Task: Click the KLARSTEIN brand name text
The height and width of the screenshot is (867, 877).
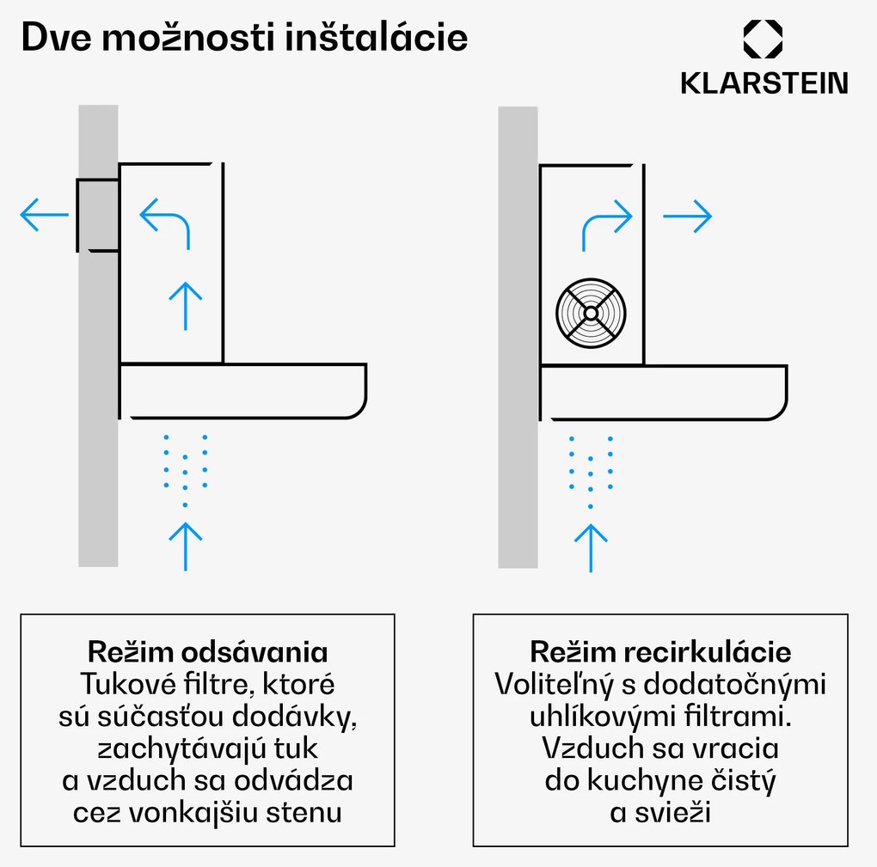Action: click(x=764, y=82)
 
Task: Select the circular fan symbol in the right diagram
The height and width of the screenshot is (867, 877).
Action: click(x=591, y=309)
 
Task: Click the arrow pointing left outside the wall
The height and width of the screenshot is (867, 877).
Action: click(x=44, y=215)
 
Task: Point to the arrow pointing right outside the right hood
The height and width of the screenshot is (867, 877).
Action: click(x=687, y=216)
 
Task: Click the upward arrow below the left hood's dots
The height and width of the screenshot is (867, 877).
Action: click(x=185, y=544)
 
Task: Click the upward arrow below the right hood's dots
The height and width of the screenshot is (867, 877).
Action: click(x=590, y=546)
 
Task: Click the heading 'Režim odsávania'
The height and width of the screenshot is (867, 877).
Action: click(x=207, y=650)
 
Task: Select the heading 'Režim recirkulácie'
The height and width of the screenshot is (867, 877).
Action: click(x=660, y=650)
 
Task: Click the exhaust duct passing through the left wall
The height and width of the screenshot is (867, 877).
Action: click(x=97, y=215)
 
